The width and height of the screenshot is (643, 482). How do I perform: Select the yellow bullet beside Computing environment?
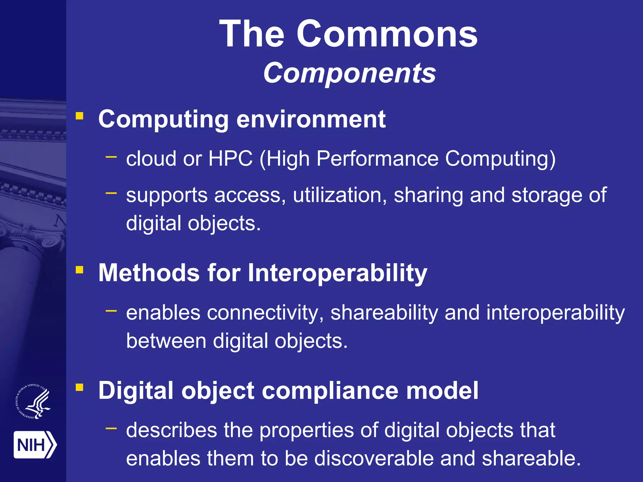[79, 116]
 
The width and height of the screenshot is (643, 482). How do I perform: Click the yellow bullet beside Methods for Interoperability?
[79, 270]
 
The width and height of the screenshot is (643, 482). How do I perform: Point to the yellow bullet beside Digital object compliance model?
[79, 388]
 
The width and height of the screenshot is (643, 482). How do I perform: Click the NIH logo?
[35, 445]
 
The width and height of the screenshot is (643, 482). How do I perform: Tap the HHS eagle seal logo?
[33, 401]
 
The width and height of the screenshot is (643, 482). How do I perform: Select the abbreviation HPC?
[230, 158]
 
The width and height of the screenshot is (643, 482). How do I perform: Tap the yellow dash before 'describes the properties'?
[111, 428]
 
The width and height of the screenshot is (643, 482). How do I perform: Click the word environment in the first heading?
[311, 120]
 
